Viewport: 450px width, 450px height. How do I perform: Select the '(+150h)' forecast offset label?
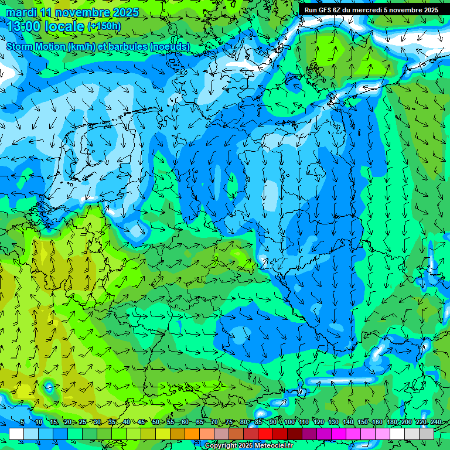point(104,26)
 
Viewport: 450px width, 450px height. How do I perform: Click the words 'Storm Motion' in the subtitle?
point(35,46)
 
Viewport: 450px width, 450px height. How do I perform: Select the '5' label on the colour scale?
point(22,422)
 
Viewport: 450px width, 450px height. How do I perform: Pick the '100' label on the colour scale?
point(289,422)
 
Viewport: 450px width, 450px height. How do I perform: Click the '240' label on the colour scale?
point(435,422)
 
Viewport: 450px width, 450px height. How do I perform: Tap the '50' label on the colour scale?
point(155,422)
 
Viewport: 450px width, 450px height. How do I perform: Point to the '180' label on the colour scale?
point(391,422)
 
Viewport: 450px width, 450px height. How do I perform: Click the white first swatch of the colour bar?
point(16,434)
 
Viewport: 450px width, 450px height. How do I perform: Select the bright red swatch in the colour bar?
point(265,434)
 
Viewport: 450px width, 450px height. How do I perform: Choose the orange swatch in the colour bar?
point(192,434)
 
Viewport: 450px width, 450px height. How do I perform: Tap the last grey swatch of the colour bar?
point(427,434)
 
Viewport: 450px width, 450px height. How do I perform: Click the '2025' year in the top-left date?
point(125,12)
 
